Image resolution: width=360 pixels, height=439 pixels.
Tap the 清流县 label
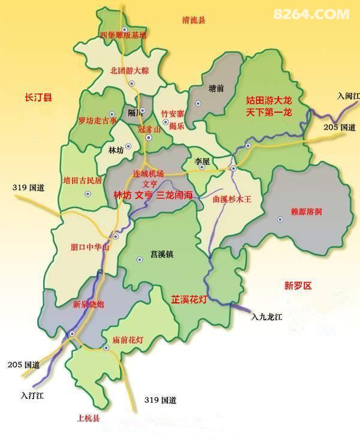[193, 20]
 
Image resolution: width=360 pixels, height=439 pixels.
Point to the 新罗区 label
[298, 286]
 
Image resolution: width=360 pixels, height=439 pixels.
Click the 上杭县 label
[88, 418]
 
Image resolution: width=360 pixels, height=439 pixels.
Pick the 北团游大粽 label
[129, 70]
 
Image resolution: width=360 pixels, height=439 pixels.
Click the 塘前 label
[216, 88]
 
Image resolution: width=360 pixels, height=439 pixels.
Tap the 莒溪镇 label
[161, 254]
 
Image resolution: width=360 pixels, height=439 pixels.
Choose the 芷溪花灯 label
[189, 299]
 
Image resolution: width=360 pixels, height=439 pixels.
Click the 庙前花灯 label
[128, 340]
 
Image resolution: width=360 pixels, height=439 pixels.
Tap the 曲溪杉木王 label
[231, 198]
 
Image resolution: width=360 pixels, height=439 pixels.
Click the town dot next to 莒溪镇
[139, 259]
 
